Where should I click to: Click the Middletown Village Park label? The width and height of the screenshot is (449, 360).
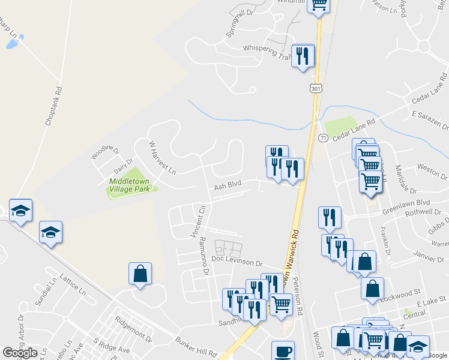[x=129, y=185]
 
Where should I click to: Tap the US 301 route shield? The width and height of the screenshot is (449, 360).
[x=315, y=88]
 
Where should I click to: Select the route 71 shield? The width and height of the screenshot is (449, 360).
[x=322, y=138]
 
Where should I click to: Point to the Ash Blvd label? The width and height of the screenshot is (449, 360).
[x=228, y=187]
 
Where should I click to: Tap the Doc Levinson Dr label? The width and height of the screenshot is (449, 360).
[x=237, y=263]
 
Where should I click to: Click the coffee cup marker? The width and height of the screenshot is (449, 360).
[x=283, y=350]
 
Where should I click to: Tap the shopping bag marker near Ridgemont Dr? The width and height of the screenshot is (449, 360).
[x=140, y=274]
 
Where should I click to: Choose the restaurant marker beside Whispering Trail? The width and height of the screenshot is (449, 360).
[x=303, y=56]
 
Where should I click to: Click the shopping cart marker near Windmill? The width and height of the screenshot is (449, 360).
[x=319, y=4]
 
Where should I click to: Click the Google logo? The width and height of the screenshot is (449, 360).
[x=20, y=353]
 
